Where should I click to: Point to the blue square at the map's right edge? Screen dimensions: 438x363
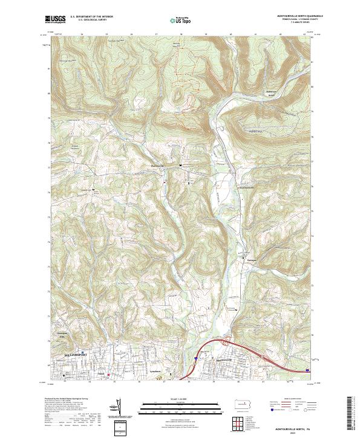pyautogui.click(x=307, y=370)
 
